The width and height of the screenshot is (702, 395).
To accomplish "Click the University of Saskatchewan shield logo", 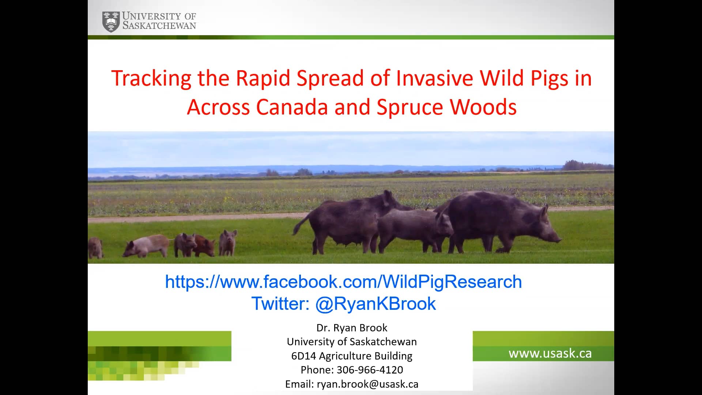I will click(x=111, y=22).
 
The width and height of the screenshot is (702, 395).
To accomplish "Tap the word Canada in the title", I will click(x=292, y=107).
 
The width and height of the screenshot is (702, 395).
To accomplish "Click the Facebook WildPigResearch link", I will click(x=343, y=282).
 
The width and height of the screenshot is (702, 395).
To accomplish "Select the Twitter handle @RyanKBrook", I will click(x=375, y=304).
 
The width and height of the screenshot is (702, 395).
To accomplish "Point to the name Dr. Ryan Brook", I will click(x=352, y=328).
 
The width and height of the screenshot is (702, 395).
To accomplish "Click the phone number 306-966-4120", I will click(x=370, y=370).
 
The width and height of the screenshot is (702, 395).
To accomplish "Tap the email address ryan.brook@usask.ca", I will click(x=367, y=384).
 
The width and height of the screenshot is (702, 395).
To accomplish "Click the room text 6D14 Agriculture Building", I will click(x=352, y=356).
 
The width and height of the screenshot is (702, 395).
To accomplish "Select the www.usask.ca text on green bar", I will click(x=550, y=353).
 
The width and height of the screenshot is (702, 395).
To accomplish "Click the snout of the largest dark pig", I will click(x=558, y=240).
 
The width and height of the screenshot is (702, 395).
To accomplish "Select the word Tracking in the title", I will click(x=151, y=78).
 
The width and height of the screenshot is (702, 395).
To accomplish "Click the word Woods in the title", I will click(x=483, y=107).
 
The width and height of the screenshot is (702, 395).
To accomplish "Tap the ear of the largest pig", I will click(x=544, y=211).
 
